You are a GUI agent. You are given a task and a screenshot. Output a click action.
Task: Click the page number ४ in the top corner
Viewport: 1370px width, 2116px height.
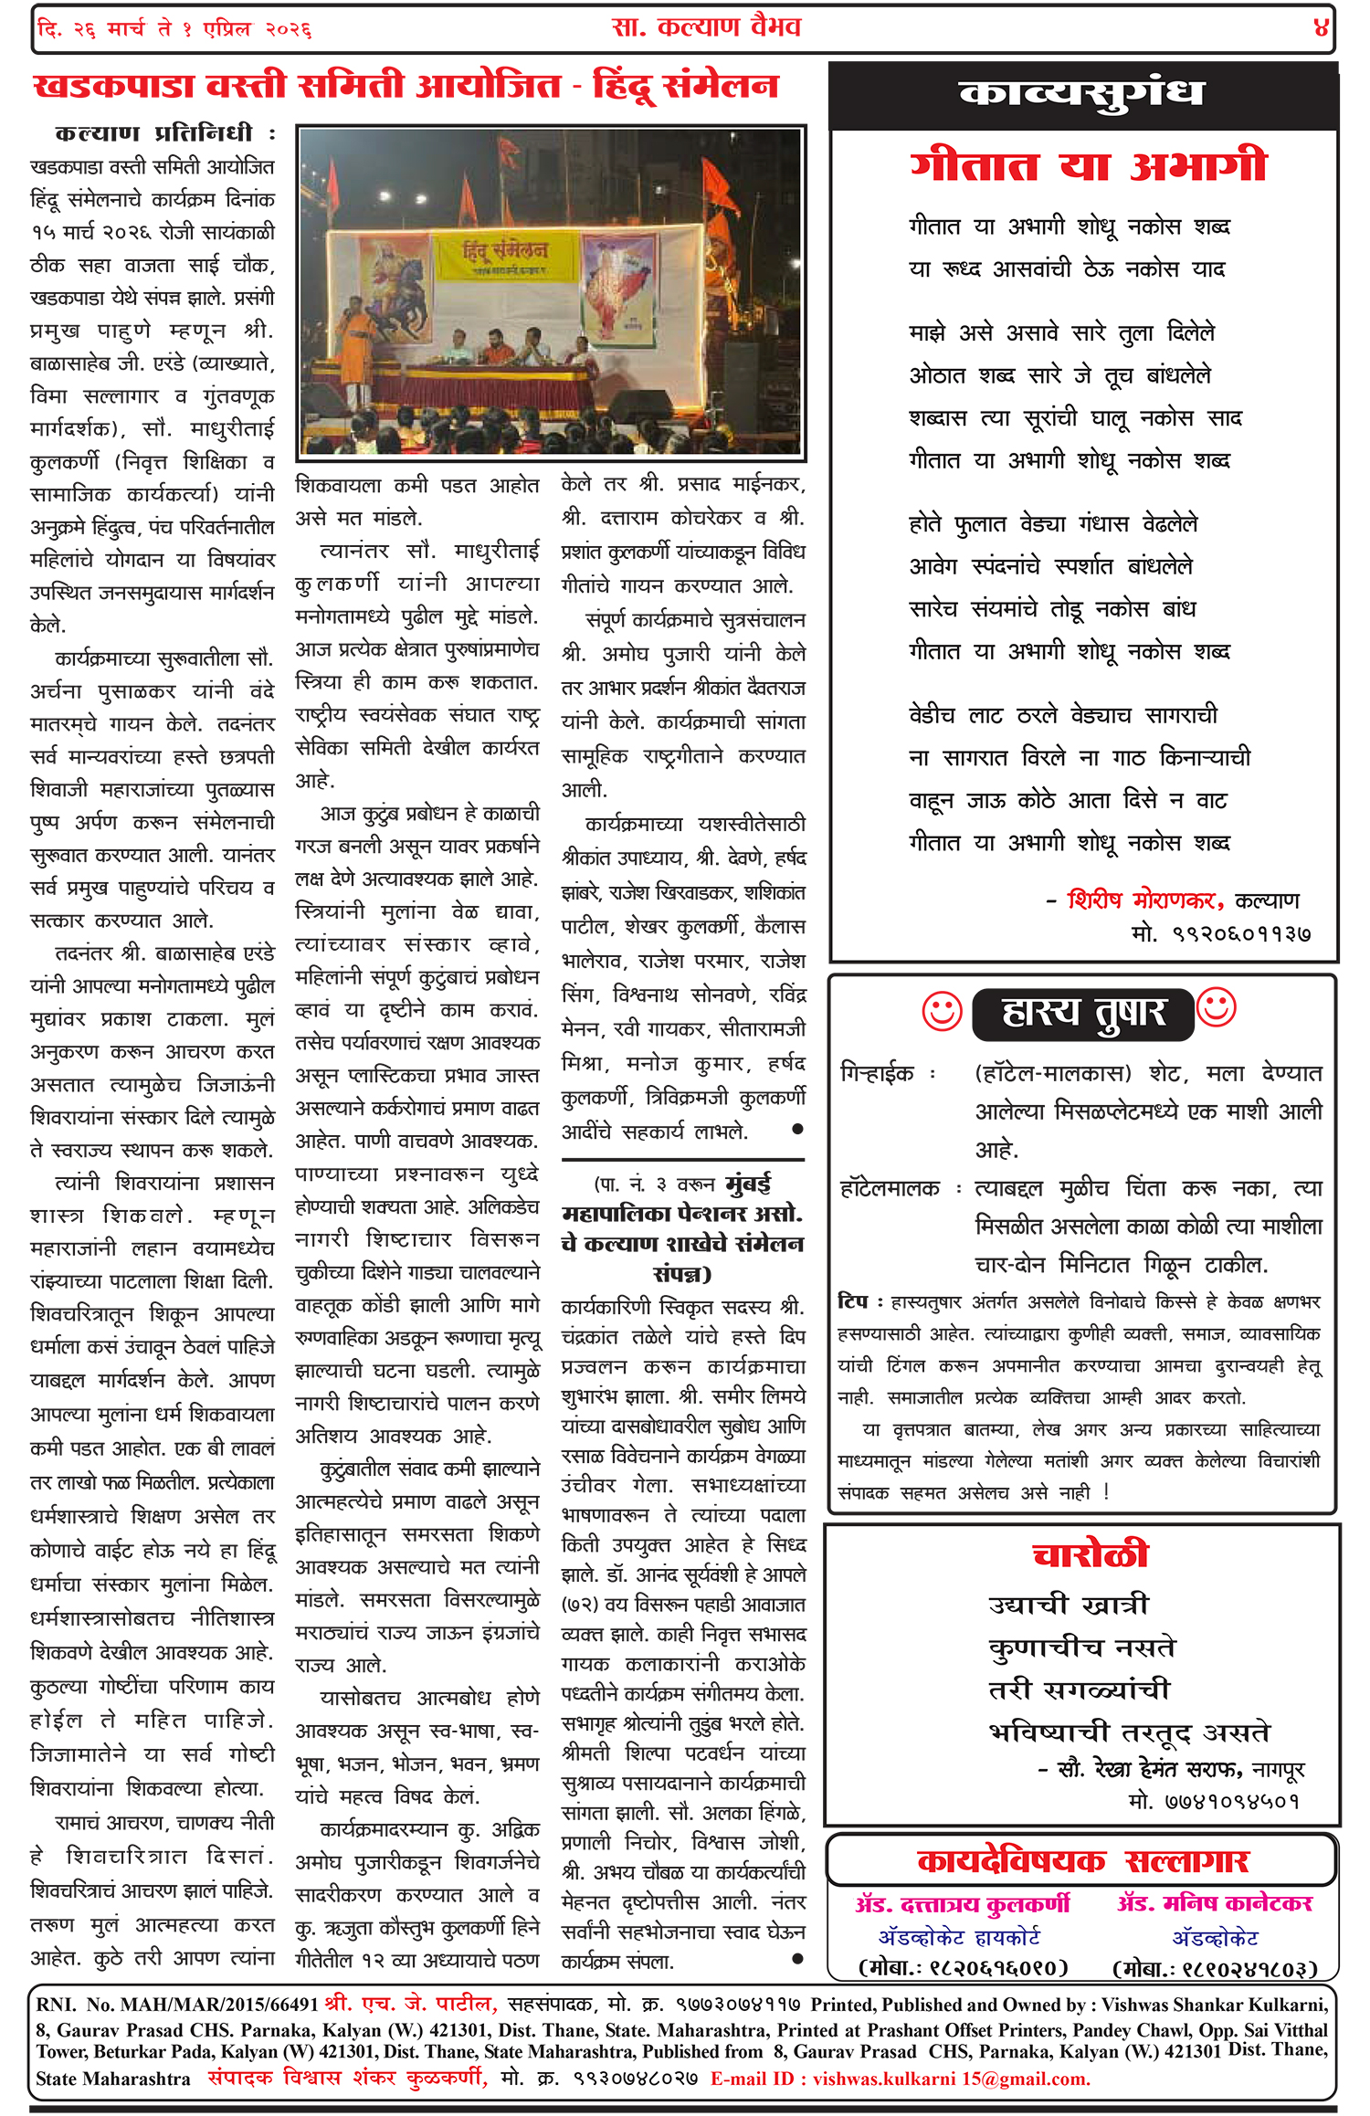[1320, 28]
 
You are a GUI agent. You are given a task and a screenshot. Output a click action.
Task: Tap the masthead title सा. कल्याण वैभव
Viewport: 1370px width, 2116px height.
[706, 27]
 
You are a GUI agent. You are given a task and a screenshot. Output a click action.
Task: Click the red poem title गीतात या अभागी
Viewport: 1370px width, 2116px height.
[1088, 167]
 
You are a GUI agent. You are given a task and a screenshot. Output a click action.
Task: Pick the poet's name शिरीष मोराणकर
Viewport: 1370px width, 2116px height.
[1145, 900]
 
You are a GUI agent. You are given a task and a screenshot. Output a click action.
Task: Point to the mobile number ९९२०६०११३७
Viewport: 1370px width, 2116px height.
[1242, 934]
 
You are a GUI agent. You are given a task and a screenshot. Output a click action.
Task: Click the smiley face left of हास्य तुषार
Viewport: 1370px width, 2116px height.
[942, 1012]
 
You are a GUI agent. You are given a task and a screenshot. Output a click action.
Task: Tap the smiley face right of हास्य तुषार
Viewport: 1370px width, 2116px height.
[1216, 1008]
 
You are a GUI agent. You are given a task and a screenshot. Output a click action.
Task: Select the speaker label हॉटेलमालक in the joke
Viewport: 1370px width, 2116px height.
[890, 1189]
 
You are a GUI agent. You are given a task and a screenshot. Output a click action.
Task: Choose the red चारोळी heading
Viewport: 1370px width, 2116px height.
[1090, 1554]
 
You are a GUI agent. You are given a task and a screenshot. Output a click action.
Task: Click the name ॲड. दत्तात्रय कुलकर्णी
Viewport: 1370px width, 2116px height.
[963, 1904]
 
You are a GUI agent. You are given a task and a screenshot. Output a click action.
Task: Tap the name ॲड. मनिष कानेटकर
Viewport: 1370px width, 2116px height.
[1215, 1903]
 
